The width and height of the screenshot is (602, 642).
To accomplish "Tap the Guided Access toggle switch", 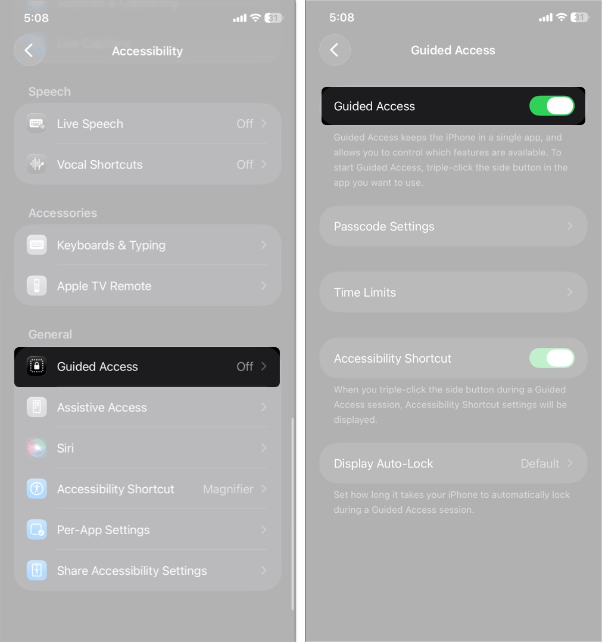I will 551,106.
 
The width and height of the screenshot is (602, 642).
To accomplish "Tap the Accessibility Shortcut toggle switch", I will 551,358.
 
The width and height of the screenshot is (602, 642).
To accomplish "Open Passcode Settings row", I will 453,226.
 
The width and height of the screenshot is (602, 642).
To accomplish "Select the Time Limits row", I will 453,292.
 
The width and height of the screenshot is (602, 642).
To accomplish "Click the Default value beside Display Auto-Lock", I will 539,463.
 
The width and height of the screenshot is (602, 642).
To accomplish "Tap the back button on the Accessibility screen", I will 29,51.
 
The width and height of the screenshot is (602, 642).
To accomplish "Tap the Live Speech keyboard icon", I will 37,124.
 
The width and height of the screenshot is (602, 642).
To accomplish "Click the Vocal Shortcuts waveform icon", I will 37,164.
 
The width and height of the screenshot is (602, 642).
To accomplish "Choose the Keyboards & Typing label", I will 111,245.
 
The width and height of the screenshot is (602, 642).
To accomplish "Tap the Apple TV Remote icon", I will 37,286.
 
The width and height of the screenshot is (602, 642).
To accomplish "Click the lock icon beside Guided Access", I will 37,366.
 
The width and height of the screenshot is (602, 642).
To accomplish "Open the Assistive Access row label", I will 102,407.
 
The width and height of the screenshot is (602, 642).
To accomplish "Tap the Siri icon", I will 37,448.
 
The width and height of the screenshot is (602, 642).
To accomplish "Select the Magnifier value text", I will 228,489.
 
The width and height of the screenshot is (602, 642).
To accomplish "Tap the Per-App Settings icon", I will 37,529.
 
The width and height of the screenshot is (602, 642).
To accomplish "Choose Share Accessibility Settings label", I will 132,571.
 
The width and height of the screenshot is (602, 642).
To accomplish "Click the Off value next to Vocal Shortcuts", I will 245,164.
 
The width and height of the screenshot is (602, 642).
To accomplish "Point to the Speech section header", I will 49,92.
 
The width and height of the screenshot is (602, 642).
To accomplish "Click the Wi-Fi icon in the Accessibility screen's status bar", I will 255,18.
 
